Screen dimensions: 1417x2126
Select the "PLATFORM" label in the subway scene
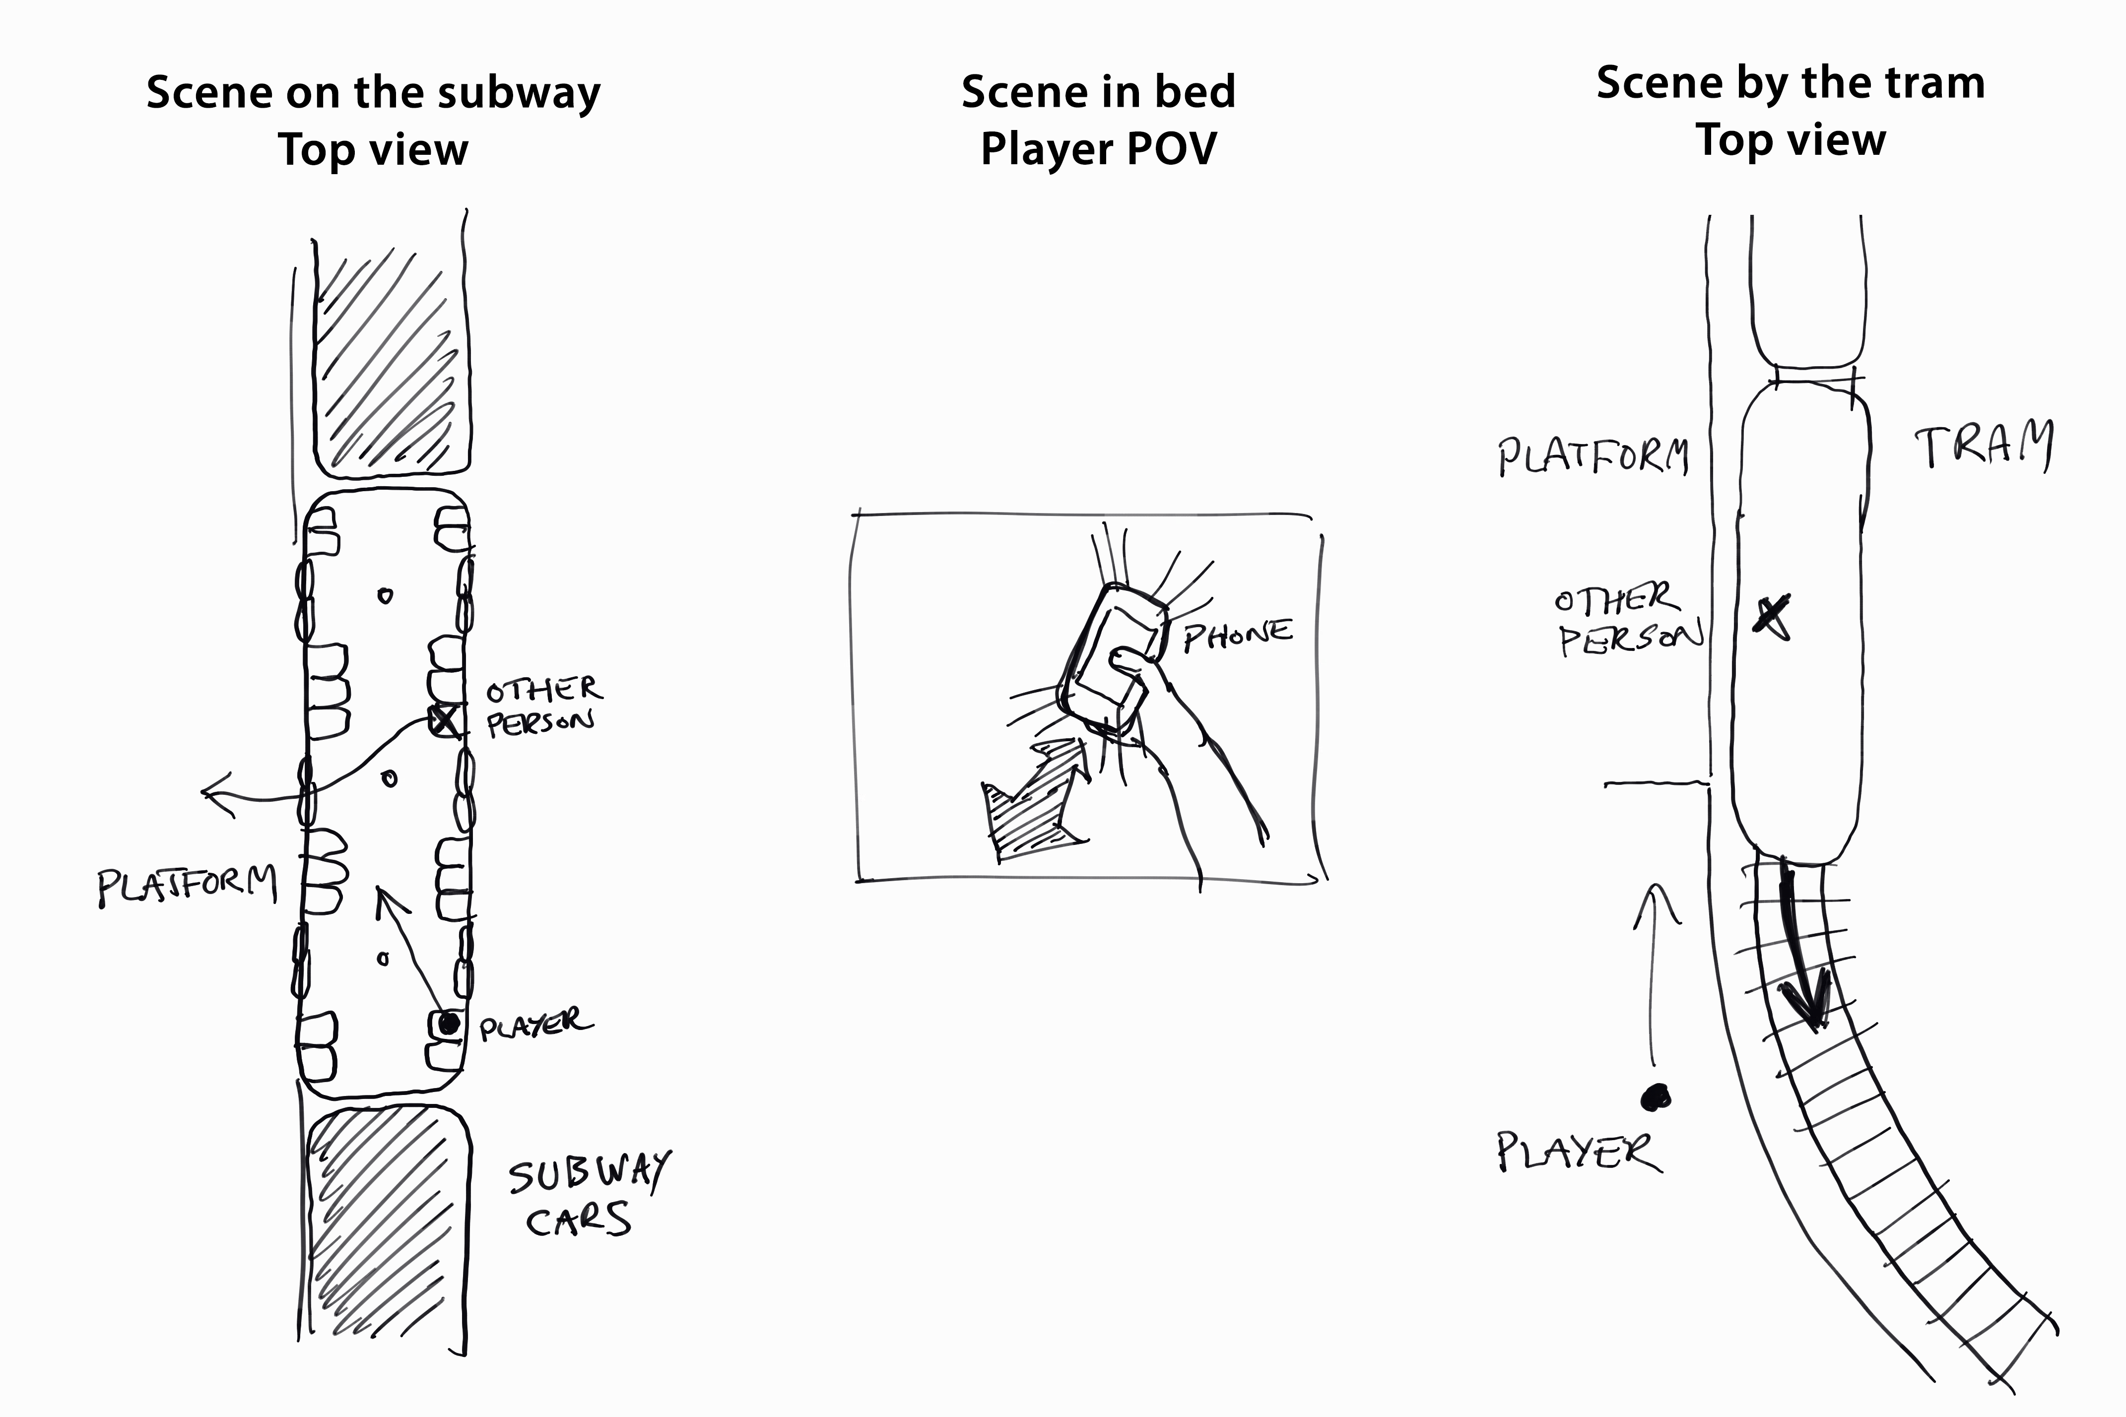pos(186,887)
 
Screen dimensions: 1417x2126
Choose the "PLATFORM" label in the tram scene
pos(1593,456)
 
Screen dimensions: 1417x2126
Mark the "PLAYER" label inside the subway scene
pos(535,1025)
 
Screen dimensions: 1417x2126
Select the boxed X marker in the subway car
pos(445,720)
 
